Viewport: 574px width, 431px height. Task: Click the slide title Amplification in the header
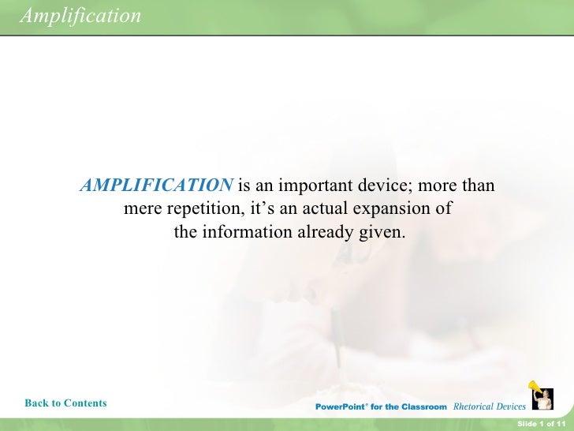(80, 15)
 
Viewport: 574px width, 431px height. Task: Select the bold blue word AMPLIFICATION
(157, 186)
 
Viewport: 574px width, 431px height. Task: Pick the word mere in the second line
(140, 210)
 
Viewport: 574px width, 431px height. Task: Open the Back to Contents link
(65, 403)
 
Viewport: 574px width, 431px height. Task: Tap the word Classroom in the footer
(423, 407)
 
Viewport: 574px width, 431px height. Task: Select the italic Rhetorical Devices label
(489, 407)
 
